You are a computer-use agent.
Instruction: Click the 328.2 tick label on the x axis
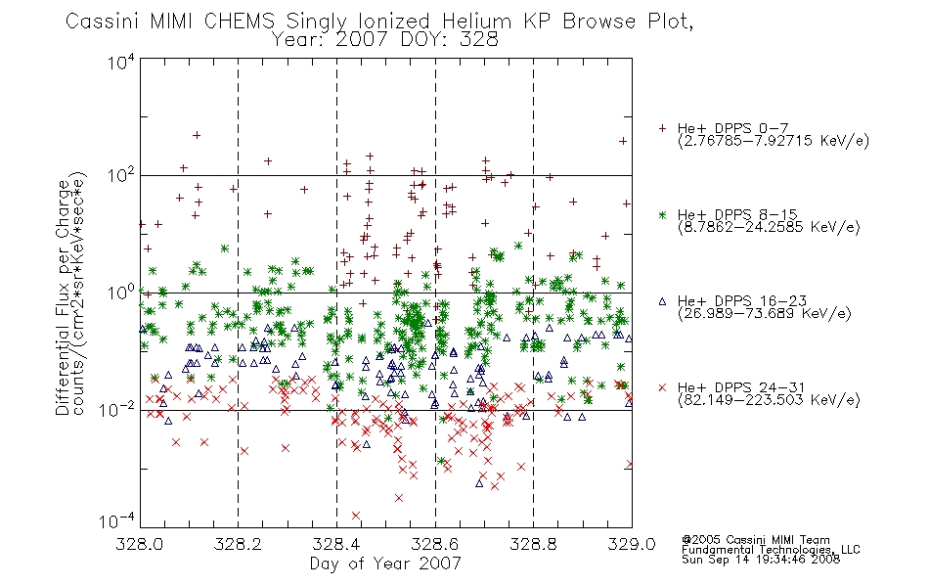(239, 544)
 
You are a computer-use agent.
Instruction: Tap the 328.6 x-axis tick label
(435, 544)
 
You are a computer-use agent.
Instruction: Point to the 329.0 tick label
(632, 544)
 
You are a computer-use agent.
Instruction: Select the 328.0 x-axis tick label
(140, 544)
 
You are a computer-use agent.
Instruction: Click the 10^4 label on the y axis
(121, 62)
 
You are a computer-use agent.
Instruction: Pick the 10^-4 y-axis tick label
(117, 520)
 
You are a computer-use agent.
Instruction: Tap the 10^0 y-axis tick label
(121, 293)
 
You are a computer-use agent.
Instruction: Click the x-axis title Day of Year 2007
(385, 564)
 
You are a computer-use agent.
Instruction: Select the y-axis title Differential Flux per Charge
(63, 297)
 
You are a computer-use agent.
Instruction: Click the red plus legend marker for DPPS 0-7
(662, 128)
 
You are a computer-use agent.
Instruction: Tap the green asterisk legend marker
(662, 214)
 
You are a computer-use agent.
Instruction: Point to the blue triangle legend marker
(662, 301)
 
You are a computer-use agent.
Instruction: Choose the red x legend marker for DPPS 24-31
(662, 387)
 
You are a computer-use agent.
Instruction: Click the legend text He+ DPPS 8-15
(737, 214)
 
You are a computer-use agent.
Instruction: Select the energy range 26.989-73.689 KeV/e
(765, 313)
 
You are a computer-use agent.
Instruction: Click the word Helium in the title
(477, 22)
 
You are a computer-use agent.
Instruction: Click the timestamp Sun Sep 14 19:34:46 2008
(761, 560)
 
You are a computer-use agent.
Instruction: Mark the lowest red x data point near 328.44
(356, 516)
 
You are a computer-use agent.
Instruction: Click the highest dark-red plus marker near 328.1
(197, 135)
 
